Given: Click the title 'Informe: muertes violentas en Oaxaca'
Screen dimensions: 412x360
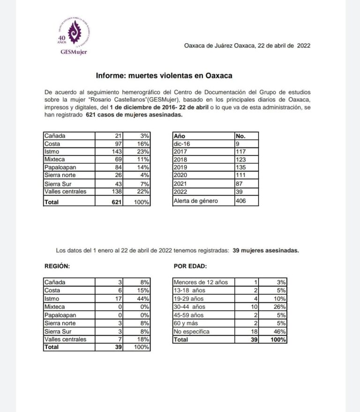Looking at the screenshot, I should point(164,75).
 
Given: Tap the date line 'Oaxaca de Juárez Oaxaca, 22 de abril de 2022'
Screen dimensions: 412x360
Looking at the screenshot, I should point(247,46).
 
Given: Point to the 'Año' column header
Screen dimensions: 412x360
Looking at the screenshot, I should point(180,136).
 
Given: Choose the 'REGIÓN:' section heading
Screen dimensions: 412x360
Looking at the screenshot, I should point(57,266).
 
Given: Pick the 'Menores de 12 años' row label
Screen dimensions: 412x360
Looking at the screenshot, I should point(201,282).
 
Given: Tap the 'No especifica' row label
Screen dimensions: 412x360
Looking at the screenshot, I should point(192,331).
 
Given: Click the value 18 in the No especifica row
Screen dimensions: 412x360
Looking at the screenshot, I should point(255,331).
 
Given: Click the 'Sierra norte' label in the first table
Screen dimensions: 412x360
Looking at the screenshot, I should point(61,175).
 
